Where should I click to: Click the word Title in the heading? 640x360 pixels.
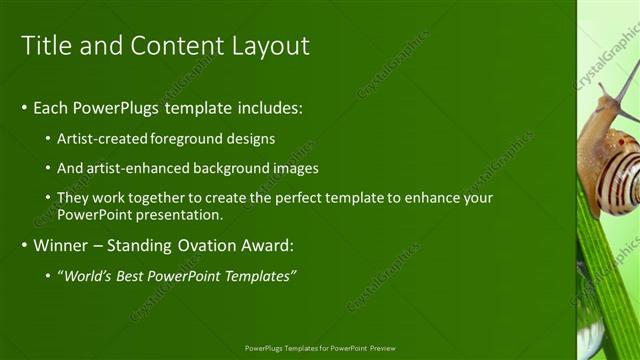44,45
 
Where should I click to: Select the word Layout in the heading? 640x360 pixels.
269,45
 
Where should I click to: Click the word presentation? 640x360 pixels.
176,214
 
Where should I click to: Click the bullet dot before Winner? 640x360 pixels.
25,245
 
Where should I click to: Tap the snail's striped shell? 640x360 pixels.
609,171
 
